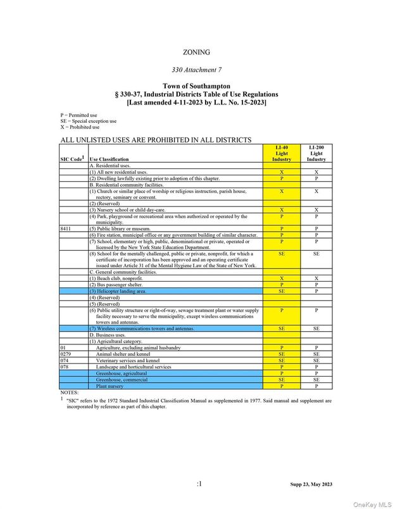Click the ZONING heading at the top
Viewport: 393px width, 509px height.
coord(196,53)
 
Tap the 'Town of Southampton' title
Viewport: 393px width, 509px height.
coord(196,85)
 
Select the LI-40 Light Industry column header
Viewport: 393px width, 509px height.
coord(282,153)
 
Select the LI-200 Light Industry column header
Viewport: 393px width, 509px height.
coord(316,153)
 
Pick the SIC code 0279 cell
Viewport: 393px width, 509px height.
coord(68,355)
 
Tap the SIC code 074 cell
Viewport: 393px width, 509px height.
coord(66,361)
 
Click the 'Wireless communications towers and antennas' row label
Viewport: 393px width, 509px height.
coord(142,329)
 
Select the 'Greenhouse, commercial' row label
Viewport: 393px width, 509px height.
coord(122,380)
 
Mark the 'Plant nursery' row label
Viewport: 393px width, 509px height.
coord(110,386)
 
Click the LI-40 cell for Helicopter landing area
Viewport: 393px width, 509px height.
coord(282,291)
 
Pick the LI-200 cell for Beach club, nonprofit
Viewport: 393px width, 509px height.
coord(316,279)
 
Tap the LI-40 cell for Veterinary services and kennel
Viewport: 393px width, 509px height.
coord(282,361)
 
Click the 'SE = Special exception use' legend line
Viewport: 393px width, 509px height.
coord(89,121)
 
